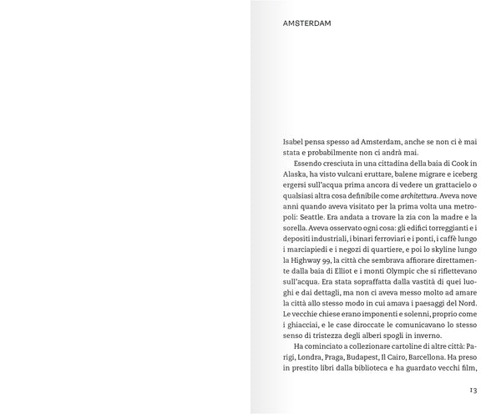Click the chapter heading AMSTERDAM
click(x=307, y=23)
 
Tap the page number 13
click(x=472, y=390)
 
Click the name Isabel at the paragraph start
click(x=296, y=144)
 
